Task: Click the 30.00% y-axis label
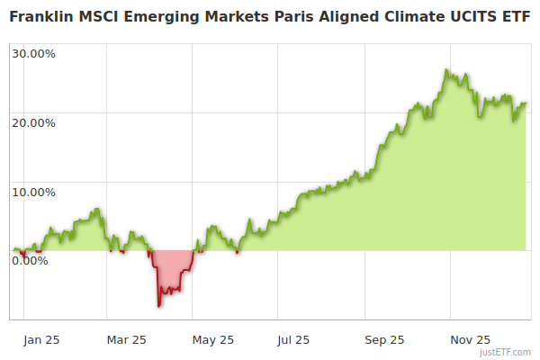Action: click(34, 53)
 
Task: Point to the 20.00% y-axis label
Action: click(34, 122)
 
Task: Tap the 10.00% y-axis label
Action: click(34, 192)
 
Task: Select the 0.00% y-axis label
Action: click(31, 261)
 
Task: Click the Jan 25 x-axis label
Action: click(41, 340)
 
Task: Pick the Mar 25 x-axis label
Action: click(126, 340)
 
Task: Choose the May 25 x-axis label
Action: click(213, 340)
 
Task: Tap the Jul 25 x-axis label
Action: click(293, 340)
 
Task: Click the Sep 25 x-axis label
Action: click(384, 340)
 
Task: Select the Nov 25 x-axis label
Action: click(470, 340)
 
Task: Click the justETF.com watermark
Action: click(505, 352)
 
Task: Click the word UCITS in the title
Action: click(472, 17)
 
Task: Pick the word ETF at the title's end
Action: click(516, 17)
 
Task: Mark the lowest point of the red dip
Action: click(159, 307)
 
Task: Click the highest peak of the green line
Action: click(446, 70)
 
